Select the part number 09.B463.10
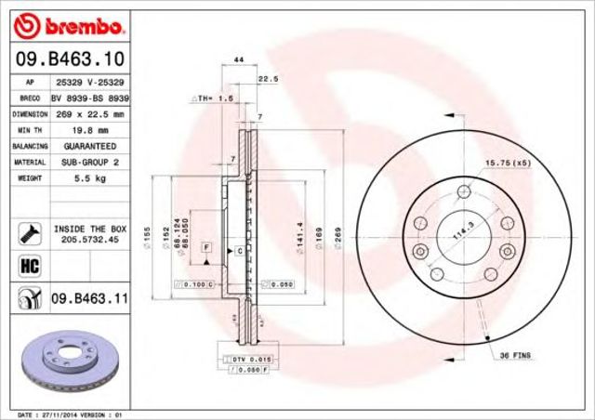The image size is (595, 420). click(x=70, y=59)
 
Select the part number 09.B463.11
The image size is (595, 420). click(x=89, y=299)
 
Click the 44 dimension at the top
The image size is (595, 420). click(x=240, y=59)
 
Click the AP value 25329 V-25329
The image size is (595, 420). click(x=90, y=82)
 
